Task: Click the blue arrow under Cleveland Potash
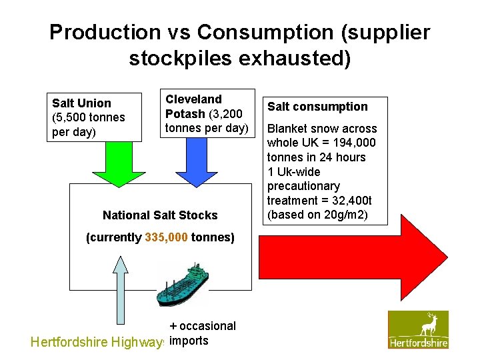pos(197,163)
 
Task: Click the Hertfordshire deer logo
pos(419,329)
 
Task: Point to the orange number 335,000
pos(167,237)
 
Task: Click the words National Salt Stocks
pos(160,215)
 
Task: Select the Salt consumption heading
pos(317,107)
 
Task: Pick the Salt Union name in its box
pos(81,103)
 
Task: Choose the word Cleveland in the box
pos(193,99)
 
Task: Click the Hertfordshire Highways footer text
pos(97,342)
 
